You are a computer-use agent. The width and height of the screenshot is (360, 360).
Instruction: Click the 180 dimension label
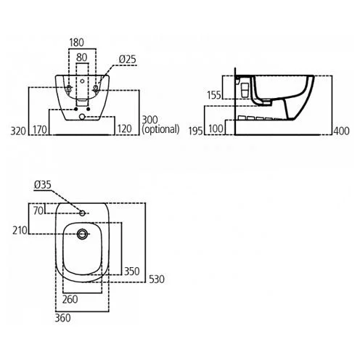(76, 43)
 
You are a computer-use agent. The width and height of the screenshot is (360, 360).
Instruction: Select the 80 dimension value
(81, 57)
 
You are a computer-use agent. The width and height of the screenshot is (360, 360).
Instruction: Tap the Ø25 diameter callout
(128, 60)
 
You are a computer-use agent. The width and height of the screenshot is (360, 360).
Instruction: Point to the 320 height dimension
(18, 131)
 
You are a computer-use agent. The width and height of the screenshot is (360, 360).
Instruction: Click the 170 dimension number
(40, 130)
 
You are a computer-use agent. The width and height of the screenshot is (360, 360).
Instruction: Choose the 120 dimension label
(125, 129)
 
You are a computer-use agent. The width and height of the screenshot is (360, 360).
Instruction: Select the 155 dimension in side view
(214, 95)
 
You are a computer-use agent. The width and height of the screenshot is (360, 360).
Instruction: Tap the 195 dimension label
(195, 131)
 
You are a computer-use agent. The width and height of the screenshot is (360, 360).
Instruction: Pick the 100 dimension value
(216, 129)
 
